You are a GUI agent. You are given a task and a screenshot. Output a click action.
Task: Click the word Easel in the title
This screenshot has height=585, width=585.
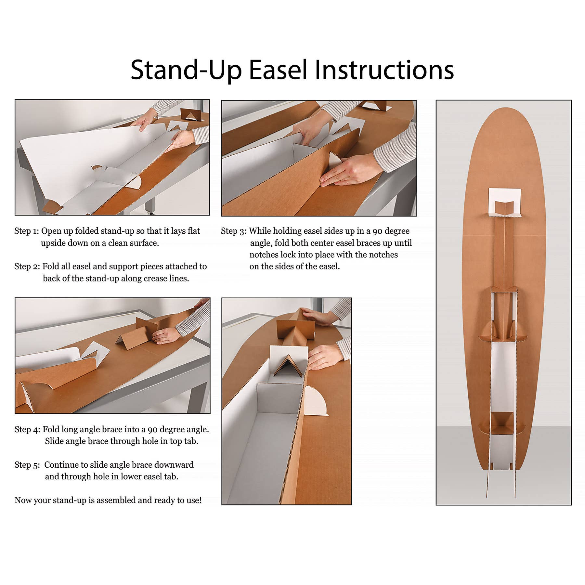click(x=278, y=70)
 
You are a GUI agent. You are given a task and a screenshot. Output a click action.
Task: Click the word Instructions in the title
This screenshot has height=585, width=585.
click(x=384, y=70)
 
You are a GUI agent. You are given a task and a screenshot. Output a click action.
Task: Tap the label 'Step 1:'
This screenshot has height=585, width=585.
click(x=27, y=231)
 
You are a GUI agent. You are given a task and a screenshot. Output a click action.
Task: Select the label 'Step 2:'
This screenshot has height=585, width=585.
click(x=27, y=266)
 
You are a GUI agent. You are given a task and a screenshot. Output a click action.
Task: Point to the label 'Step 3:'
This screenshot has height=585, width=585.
click(x=234, y=231)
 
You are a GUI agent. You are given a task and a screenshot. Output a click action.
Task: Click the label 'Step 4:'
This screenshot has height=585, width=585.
click(x=28, y=429)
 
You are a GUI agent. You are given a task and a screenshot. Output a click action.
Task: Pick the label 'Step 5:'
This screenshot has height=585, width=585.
click(x=27, y=465)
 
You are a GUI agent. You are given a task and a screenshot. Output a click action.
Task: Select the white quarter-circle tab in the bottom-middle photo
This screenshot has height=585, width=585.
click(x=316, y=401)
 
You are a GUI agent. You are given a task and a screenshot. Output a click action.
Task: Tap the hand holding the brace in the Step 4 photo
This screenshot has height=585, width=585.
click(x=165, y=336)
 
